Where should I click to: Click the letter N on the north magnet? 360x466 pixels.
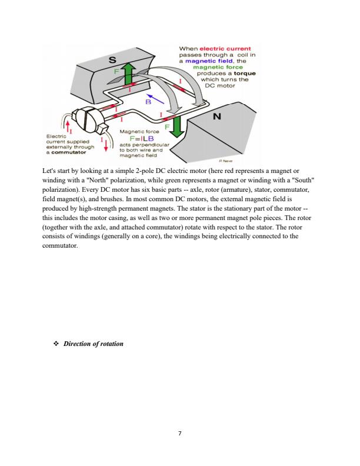(x=216, y=117)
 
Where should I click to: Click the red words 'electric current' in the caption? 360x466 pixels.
(x=226, y=48)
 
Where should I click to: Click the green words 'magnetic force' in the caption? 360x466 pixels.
(x=216, y=67)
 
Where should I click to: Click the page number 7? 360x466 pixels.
(x=180, y=433)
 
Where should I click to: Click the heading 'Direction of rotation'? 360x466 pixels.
(x=93, y=343)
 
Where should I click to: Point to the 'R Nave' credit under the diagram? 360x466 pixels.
(x=226, y=159)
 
